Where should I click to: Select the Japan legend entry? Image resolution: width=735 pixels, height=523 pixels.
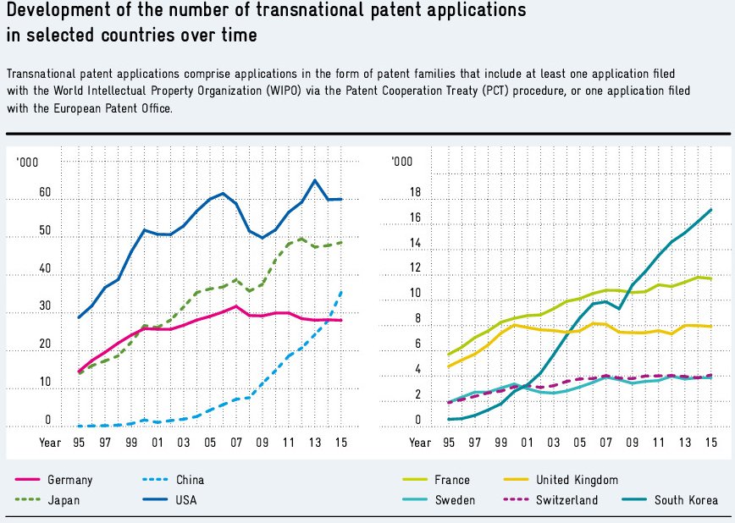point(64,500)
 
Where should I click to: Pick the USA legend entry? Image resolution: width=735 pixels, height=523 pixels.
point(185,500)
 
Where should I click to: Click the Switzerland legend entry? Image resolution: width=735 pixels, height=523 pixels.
point(566,500)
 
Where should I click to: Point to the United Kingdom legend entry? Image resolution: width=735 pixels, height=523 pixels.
point(576,480)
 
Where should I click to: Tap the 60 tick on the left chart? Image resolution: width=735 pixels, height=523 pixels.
point(45,194)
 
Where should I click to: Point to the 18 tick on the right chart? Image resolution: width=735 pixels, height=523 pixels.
point(415,193)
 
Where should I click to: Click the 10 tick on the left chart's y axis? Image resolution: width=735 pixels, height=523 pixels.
point(45,383)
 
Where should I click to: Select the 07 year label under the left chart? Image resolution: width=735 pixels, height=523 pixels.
point(235,443)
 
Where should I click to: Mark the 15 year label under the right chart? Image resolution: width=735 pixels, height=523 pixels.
point(710,443)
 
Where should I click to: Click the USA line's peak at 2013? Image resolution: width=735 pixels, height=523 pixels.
point(315,180)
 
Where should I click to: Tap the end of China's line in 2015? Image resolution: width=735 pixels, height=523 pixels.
point(341,291)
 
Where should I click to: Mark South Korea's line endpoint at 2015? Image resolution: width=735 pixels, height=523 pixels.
point(711,209)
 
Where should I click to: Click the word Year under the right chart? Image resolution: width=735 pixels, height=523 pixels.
point(421,443)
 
